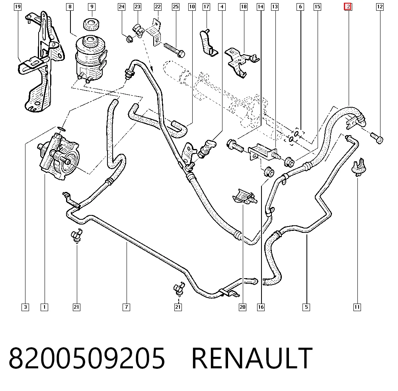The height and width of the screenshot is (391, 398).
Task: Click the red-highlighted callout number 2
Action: (348, 7)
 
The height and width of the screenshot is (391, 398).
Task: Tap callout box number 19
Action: (18, 7)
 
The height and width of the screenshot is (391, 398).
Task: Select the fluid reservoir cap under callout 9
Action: (91, 24)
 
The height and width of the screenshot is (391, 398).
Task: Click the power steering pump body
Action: (59, 157)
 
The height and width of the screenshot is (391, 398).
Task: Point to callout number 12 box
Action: (380, 7)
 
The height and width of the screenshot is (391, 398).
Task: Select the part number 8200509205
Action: (87, 358)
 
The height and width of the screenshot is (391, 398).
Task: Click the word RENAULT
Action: (252, 358)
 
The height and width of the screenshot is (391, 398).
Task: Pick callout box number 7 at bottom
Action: (127, 307)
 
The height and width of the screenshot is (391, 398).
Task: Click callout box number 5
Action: (306, 307)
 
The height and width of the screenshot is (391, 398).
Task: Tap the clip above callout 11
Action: (358, 167)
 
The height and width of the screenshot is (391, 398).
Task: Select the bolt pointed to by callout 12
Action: (377, 138)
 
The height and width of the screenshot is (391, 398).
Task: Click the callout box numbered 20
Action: (243, 307)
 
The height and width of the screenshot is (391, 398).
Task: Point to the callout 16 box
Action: (261, 307)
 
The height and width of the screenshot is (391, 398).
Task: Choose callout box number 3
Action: (25, 307)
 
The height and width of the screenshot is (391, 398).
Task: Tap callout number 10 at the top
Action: (192, 7)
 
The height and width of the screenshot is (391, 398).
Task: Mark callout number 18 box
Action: (244, 7)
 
